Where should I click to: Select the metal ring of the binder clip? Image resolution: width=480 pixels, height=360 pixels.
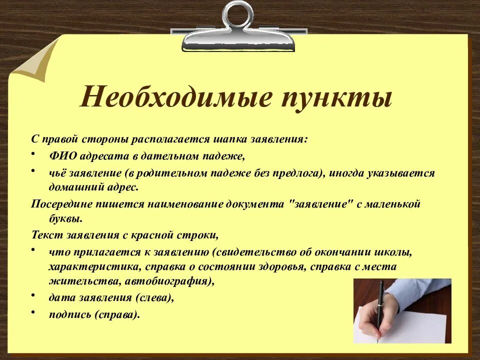pos(238,14)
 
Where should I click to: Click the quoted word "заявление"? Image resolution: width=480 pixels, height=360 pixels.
pos(319,204)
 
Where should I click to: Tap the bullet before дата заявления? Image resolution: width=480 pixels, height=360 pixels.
pos(33,295)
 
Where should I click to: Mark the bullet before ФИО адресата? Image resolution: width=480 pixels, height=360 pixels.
pos(33,153)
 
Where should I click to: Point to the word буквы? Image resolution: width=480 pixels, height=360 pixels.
pos(64,218)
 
